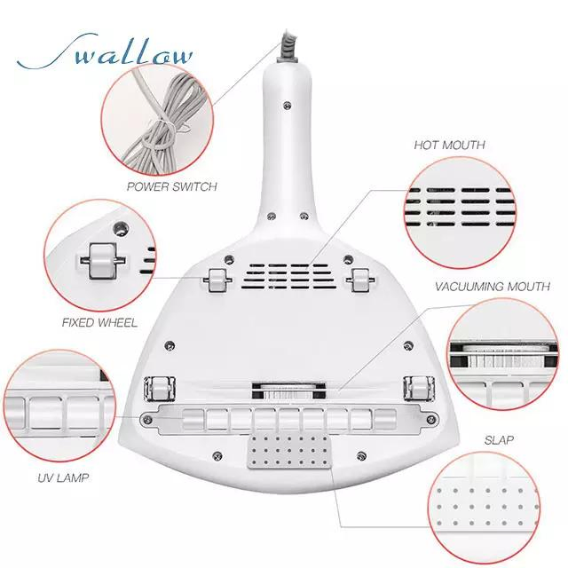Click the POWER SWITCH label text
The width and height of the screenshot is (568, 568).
click(171, 187)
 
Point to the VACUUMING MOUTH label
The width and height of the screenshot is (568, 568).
click(492, 287)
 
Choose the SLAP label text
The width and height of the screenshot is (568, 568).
click(499, 439)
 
